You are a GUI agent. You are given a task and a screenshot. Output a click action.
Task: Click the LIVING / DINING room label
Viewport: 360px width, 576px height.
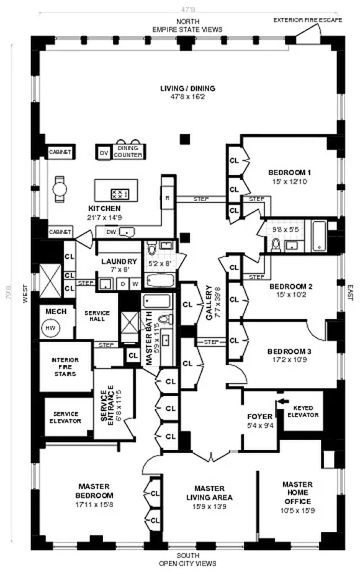pyautogui.click(x=188, y=89)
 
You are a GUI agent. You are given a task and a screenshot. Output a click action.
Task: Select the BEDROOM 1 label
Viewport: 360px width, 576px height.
pyautogui.click(x=289, y=173)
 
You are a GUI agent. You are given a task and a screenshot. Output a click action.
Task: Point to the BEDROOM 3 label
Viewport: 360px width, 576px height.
pyautogui.click(x=288, y=351)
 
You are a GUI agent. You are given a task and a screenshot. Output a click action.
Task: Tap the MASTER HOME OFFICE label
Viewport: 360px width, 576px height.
pyautogui.click(x=297, y=493)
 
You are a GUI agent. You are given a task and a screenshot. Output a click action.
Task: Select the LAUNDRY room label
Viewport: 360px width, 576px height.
pyautogui.click(x=114, y=261)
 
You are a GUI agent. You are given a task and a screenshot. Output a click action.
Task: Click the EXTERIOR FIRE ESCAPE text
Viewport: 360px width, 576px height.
pyautogui.click(x=313, y=19)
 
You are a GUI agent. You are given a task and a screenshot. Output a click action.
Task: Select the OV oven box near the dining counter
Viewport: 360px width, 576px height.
pyautogui.click(x=103, y=153)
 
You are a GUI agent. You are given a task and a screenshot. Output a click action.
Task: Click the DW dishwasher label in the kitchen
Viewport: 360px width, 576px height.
pyautogui.click(x=111, y=232)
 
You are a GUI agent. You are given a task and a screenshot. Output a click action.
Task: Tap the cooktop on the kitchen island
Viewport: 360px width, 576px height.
pyautogui.click(x=120, y=194)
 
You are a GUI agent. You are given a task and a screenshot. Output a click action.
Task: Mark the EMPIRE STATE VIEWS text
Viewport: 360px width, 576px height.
pyautogui.click(x=186, y=30)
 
